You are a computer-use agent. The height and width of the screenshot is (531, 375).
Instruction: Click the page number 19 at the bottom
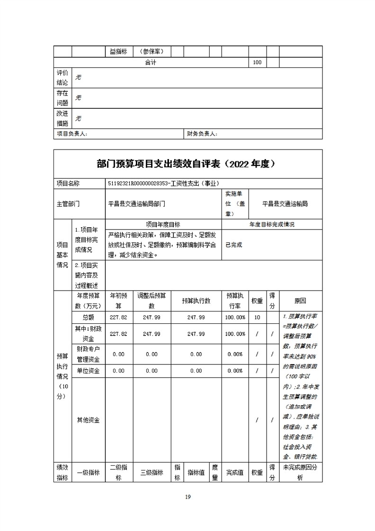click(x=187, y=496)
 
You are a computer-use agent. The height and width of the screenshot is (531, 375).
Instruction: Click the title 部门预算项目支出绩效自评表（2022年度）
click(x=187, y=164)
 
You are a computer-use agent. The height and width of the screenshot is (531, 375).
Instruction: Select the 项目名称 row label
click(x=68, y=183)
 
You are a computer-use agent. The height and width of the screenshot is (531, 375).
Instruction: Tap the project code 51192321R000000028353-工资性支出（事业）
click(x=164, y=183)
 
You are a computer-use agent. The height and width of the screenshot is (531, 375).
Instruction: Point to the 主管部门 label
click(x=68, y=204)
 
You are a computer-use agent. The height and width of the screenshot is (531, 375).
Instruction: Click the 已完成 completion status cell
click(x=234, y=245)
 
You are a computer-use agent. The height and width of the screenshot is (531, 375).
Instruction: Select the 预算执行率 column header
click(x=235, y=301)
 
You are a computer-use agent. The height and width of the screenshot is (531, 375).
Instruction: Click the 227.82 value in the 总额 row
click(x=118, y=317)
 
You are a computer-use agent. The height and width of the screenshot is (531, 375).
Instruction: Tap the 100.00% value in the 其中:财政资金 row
click(x=235, y=334)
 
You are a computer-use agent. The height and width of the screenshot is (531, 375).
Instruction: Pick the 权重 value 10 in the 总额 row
click(x=257, y=317)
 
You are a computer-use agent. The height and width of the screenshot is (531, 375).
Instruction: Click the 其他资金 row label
click(x=88, y=420)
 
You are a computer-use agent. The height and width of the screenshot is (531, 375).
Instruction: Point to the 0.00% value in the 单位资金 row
click(x=235, y=371)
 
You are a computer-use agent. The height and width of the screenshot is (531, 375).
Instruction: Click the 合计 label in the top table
click(x=151, y=62)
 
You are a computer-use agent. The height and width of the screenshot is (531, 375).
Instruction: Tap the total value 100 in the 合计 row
click(x=257, y=62)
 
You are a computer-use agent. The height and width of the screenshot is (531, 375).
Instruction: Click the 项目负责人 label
click(x=72, y=134)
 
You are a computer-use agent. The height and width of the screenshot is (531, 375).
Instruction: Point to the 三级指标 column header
click(x=152, y=472)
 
